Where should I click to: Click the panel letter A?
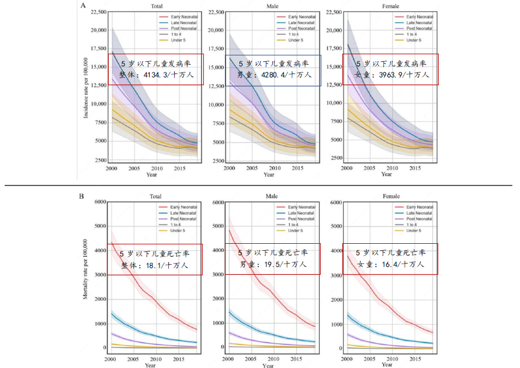(84, 6)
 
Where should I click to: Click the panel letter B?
(82, 197)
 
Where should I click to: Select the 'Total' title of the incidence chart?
(156, 6)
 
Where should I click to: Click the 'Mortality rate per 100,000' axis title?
(86, 269)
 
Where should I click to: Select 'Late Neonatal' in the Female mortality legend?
(420, 213)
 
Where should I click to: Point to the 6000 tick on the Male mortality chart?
(217, 202)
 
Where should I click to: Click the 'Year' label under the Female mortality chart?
(387, 365)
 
